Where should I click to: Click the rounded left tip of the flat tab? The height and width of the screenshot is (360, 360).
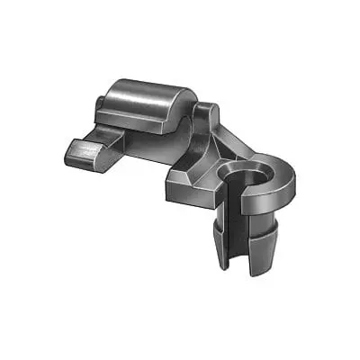point(67,153)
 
